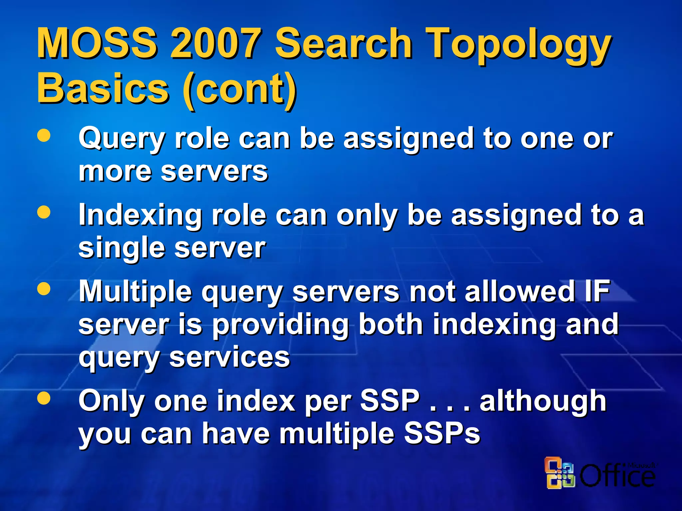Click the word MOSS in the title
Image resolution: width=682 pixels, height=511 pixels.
[97, 43]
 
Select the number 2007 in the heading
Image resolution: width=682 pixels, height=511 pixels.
[215, 43]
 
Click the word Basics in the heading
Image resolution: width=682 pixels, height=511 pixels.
[103, 88]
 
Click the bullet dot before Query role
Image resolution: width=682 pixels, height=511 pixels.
[44, 135]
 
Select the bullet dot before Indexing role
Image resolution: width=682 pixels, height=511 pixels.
[44, 212]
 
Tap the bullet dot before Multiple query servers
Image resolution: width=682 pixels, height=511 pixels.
[44, 288]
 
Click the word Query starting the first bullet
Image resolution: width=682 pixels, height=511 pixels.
[122, 139]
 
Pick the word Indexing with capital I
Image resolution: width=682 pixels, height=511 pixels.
[140, 215]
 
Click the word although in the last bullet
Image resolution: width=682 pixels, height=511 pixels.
[543, 402]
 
